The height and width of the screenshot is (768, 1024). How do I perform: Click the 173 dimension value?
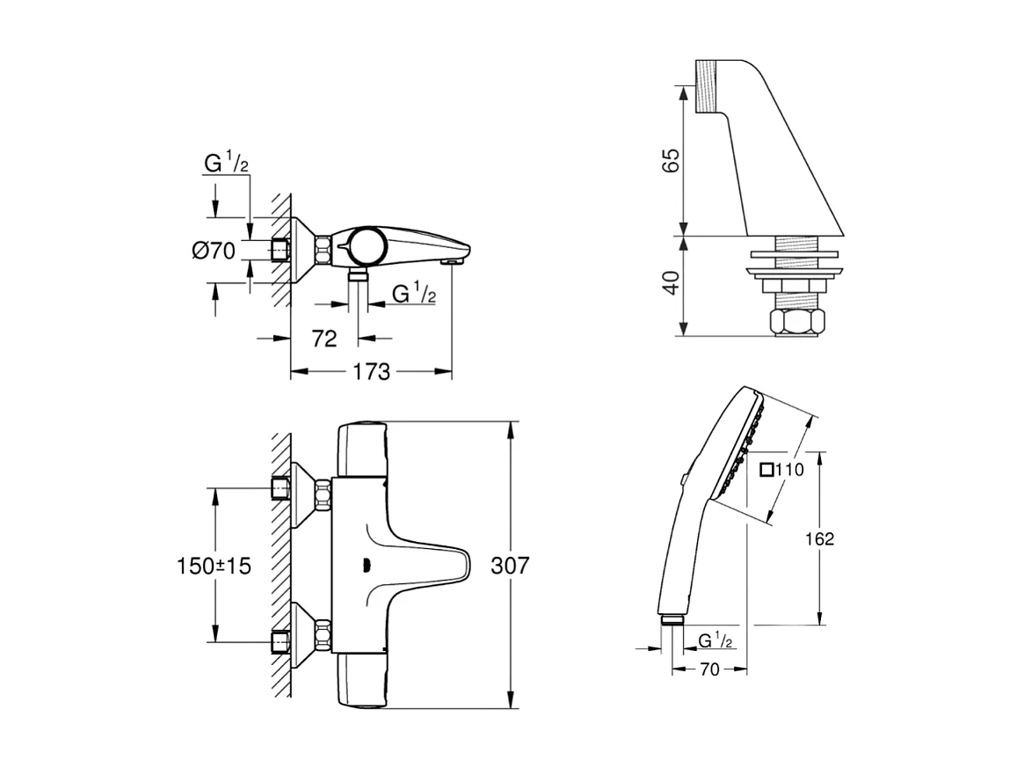(372, 372)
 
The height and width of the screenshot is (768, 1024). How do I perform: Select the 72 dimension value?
(324, 338)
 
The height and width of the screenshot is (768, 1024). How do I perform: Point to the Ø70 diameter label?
(214, 251)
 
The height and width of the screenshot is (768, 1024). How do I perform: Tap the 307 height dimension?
(511, 565)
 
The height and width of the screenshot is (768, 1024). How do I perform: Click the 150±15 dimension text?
(214, 565)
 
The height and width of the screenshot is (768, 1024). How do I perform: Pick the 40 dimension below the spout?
(671, 282)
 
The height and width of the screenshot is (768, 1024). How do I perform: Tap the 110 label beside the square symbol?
(790, 470)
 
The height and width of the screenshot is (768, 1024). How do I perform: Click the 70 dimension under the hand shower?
(709, 669)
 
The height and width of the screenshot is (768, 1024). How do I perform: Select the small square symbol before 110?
(766, 470)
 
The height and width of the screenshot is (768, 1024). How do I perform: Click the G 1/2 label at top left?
(227, 163)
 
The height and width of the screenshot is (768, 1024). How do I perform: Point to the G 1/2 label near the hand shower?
(716, 640)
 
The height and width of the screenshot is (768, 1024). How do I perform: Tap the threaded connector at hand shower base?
(672, 619)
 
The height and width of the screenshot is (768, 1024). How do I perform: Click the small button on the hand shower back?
(683, 479)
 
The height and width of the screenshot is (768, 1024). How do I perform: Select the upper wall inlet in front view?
(281, 486)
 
